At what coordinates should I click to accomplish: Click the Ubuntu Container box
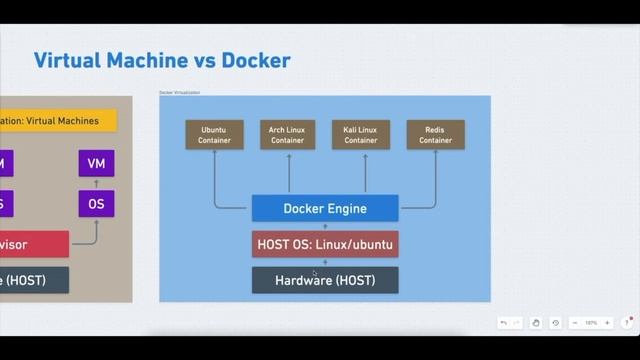click(x=215, y=134)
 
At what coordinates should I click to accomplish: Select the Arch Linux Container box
click(x=288, y=134)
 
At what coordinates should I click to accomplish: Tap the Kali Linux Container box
click(x=361, y=134)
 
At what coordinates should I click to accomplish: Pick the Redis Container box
click(x=435, y=134)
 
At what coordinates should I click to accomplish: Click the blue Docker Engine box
click(x=325, y=208)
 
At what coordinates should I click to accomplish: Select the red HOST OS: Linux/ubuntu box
click(x=325, y=244)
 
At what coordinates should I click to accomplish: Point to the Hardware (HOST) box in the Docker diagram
click(x=325, y=280)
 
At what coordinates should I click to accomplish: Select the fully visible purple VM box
click(x=96, y=163)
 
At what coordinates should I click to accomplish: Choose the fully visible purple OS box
click(x=96, y=204)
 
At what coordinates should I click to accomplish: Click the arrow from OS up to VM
click(x=96, y=183)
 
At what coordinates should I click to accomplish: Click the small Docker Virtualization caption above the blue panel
click(x=180, y=92)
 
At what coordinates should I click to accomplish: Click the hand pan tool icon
click(x=536, y=323)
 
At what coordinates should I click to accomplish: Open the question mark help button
click(x=627, y=323)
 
